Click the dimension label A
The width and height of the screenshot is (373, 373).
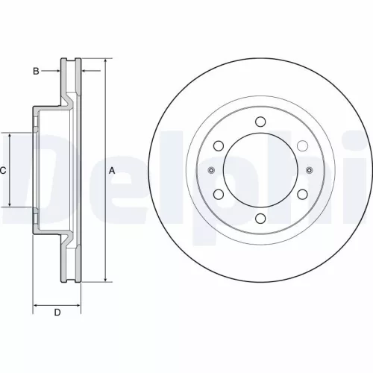tap(113, 170)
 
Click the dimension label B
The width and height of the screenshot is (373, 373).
tap(35, 71)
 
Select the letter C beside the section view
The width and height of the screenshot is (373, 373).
tap(3, 170)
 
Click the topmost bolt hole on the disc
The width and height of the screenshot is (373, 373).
tap(260, 122)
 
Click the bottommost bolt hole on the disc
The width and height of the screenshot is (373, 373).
tap(260, 219)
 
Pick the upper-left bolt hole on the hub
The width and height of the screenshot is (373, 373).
tap(218, 146)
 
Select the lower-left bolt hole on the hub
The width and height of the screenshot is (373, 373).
tap(218, 195)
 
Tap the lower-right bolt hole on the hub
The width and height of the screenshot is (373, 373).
tap(302, 195)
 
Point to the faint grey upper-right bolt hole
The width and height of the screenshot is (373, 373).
tap(302, 146)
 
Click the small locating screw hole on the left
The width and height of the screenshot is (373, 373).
tap(211, 171)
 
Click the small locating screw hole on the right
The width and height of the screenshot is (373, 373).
tap(308, 171)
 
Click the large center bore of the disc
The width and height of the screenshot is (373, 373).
tap(260, 171)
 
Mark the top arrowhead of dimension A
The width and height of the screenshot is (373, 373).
tap(105, 60)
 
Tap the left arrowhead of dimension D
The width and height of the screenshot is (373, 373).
tap(36, 305)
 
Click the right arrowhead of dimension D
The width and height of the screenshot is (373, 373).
tap(78, 305)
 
